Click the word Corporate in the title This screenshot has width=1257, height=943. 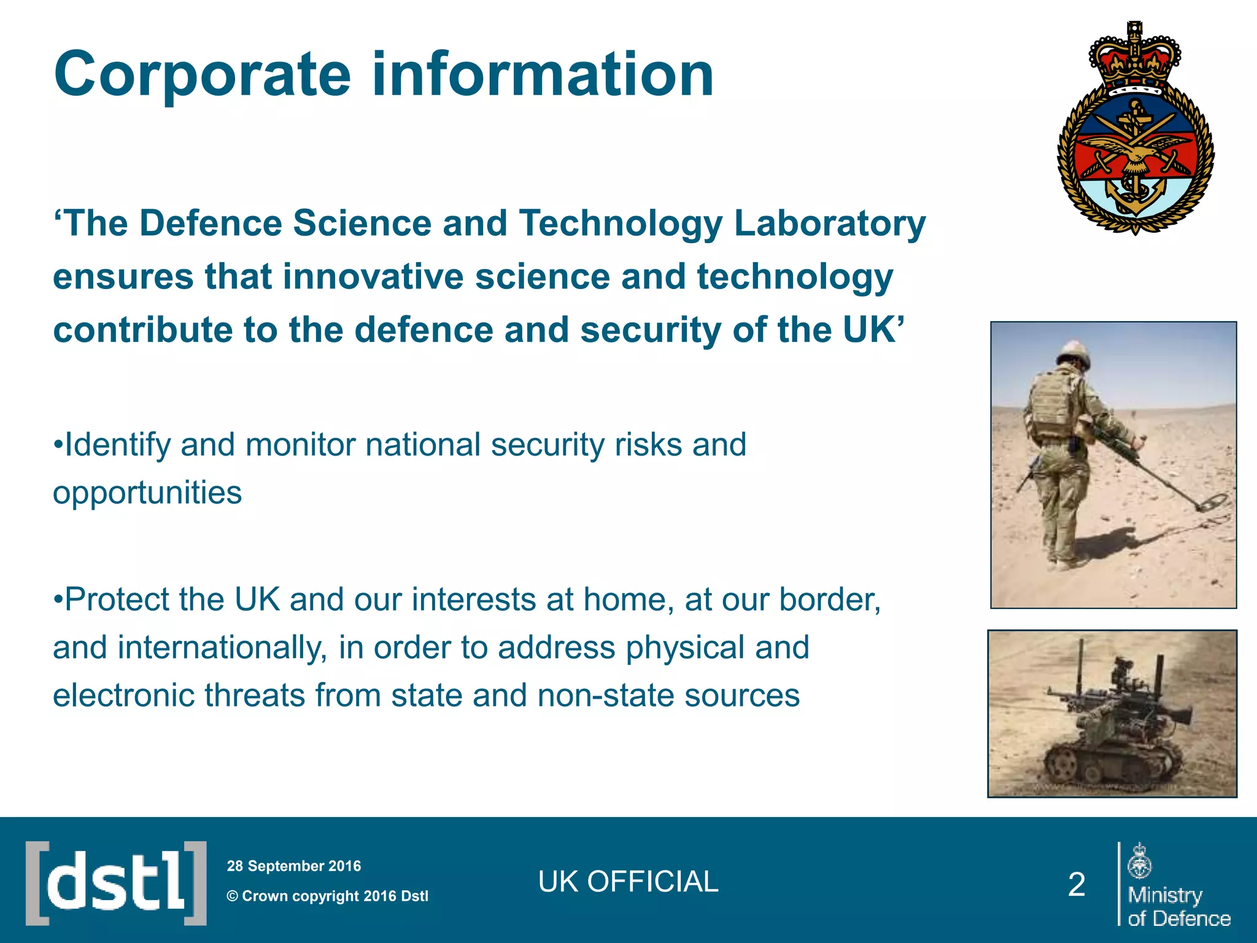(x=202, y=75)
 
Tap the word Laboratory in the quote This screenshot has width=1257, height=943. (x=829, y=223)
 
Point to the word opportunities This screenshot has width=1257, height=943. (x=147, y=492)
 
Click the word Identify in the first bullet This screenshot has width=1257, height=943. (x=117, y=445)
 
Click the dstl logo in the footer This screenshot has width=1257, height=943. (x=116, y=883)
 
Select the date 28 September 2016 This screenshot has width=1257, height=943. (x=294, y=866)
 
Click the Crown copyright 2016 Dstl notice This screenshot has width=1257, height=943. (x=328, y=896)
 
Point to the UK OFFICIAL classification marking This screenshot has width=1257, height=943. (x=628, y=882)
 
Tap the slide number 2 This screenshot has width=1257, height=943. (x=1077, y=885)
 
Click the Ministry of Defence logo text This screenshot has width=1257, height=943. (x=1178, y=906)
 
